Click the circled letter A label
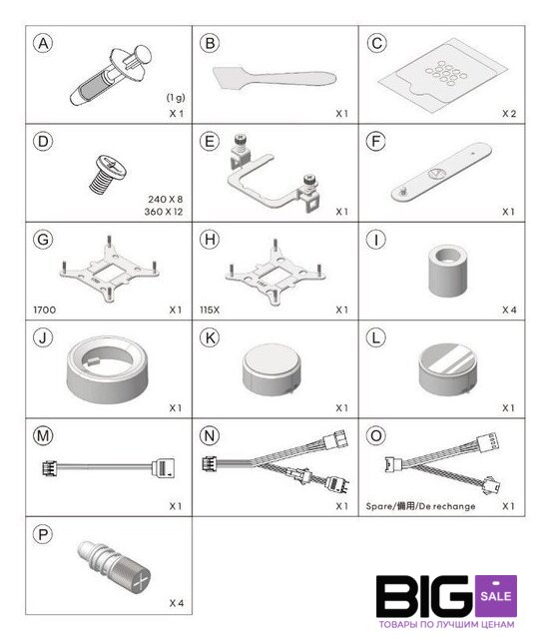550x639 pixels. pos(43,43)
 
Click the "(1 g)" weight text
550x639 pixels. pos(176,98)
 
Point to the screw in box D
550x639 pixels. pos(108,174)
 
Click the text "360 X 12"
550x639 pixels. pos(164,212)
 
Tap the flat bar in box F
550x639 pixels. pos(441,172)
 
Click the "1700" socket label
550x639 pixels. pos(44,310)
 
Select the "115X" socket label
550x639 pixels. pos(210,310)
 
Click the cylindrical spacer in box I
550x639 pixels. pos(448,271)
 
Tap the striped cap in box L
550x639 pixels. pos(447,369)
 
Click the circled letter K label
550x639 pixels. pos(210,337)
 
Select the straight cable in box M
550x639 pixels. pos(109,467)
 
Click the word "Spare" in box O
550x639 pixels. pos(378,506)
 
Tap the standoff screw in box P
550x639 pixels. pos(114,565)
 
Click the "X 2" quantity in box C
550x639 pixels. pos(509,113)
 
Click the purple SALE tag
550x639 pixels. pos(496,595)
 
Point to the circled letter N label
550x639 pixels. pos(210,435)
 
